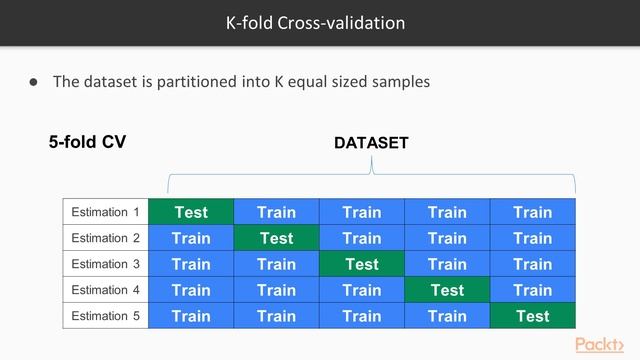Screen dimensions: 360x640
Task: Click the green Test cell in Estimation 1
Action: click(191, 212)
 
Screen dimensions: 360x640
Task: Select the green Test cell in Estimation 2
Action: click(276, 238)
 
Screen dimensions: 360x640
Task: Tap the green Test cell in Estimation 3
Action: click(362, 264)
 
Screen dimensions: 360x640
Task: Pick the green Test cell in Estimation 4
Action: click(447, 290)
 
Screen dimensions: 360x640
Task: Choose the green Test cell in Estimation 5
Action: click(533, 316)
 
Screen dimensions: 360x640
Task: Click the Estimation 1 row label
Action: click(105, 212)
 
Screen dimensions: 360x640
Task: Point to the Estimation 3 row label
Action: click(105, 264)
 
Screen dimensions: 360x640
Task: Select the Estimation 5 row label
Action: click(105, 316)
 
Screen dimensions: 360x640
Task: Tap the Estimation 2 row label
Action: click(105, 238)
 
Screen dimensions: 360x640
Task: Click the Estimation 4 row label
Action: click(105, 290)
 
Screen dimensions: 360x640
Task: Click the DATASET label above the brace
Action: click(371, 143)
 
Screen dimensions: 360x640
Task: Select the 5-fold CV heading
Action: click(87, 142)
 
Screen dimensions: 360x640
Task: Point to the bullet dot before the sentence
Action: click(33, 82)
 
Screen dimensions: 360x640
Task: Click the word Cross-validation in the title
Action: click(348, 22)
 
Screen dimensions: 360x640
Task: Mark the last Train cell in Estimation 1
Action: click(533, 212)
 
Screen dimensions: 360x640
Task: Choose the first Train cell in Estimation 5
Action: click(191, 316)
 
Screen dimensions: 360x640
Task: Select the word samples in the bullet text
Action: click(397, 82)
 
